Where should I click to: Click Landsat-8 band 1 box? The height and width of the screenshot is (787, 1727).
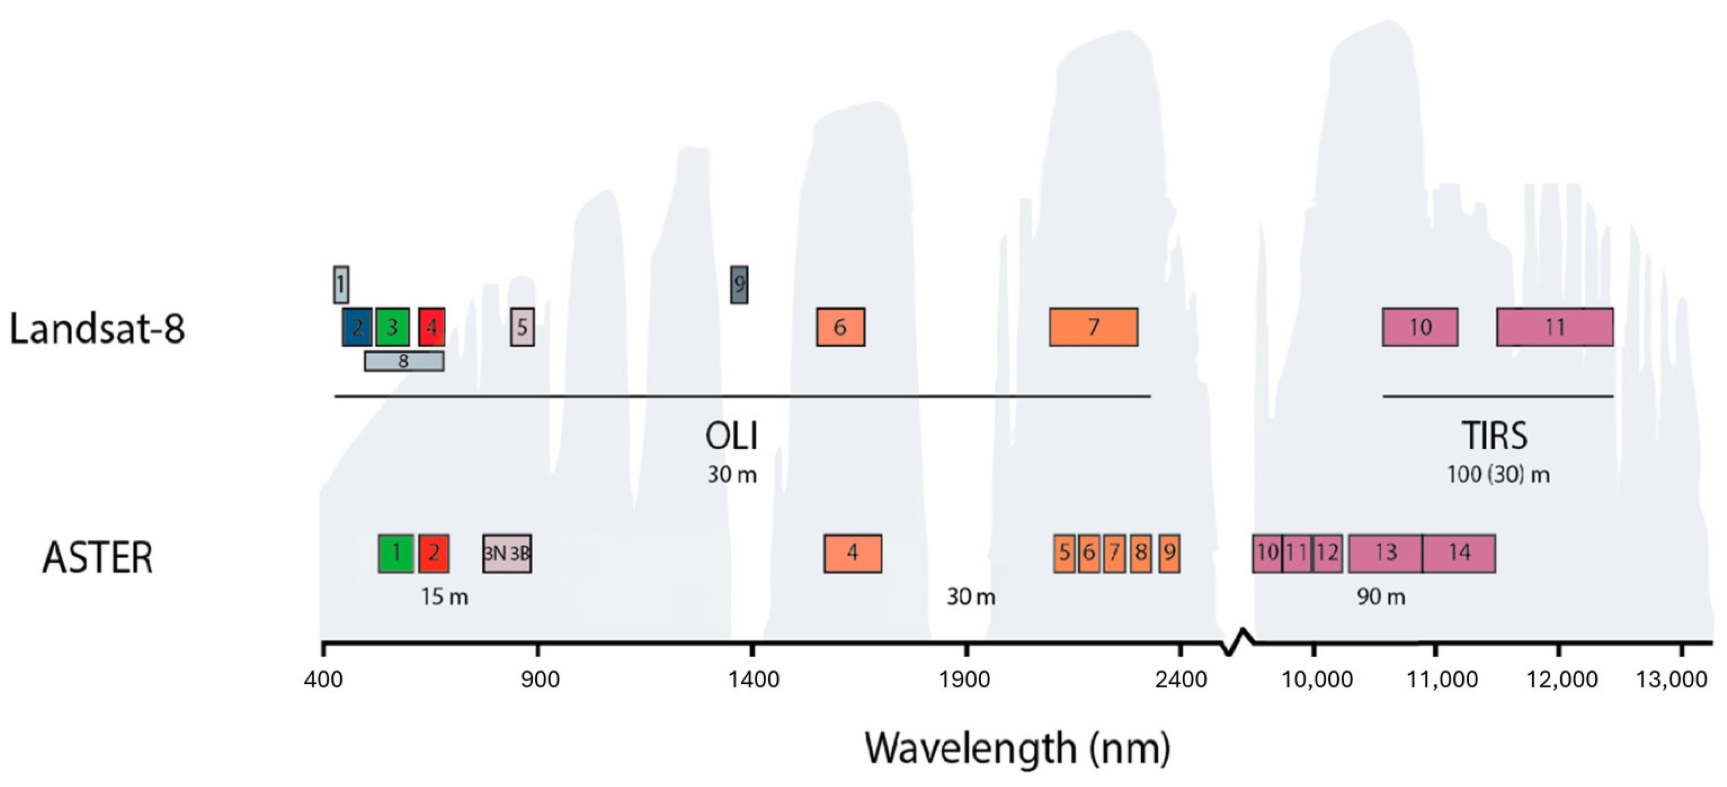click(341, 285)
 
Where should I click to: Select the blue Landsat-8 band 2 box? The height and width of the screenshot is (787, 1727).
click(357, 327)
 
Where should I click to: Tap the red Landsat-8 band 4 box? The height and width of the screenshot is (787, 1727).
click(431, 327)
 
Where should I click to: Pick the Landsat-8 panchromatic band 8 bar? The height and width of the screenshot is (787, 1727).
click(404, 361)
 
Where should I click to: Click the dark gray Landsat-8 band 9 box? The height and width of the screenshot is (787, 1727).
click(739, 284)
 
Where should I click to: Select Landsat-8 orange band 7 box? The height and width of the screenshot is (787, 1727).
click(1093, 327)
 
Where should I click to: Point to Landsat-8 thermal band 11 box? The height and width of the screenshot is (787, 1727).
click(1555, 327)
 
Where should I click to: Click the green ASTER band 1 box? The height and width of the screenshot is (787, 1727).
click(395, 553)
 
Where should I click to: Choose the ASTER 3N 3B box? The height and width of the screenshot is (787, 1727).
click(507, 553)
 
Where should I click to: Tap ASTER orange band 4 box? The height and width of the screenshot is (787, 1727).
click(852, 553)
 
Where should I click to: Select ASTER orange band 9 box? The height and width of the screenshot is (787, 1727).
click(1169, 553)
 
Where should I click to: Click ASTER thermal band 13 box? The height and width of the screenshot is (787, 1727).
click(1385, 553)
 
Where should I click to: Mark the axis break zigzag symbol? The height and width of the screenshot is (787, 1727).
click(1237, 642)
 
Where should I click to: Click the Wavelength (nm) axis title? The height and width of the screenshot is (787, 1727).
click(1017, 748)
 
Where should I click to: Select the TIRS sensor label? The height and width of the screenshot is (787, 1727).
click(1494, 435)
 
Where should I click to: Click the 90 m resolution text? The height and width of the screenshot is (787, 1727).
click(1381, 597)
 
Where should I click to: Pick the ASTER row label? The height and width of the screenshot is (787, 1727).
click(98, 558)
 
